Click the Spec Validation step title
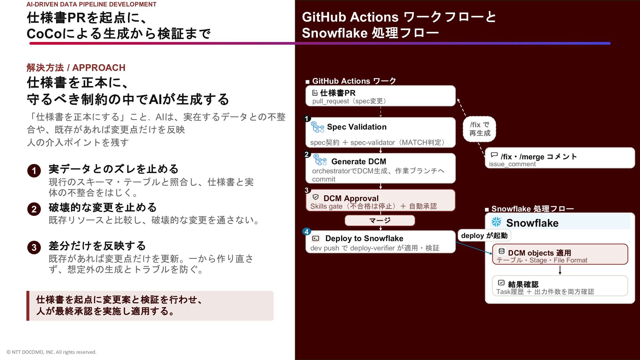pyautogui.click(x=357, y=127)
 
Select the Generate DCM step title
pyautogui.click(x=359, y=162)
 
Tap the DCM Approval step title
pyautogui.click(x=351, y=198)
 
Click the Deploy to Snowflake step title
pyautogui.click(x=364, y=238)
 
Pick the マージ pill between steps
pyautogui.click(x=380, y=220)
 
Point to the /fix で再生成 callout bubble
pyautogui.click(x=480, y=129)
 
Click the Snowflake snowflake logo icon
pyautogui.click(x=496, y=222)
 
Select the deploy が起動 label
pyautogui.click(x=484, y=236)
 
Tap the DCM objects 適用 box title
pyautogui.click(x=539, y=253)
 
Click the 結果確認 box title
pyautogui.click(x=523, y=284)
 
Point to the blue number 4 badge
pyautogui.click(x=307, y=232)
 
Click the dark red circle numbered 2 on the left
pyautogui.click(x=34, y=209)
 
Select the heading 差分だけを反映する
pyautogui.click(x=97, y=246)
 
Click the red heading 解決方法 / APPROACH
pyautogui.click(x=76, y=68)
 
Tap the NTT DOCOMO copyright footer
pyautogui.click(x=51, y=352)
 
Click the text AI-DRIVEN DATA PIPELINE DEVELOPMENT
pyautogui.click(x=91, y=4)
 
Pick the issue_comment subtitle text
pyautogui.click(x=512, y=164)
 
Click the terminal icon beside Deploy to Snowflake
pyautogui.click(x=316, y=238)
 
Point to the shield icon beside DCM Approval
pyautogui.click(x=316, y=197)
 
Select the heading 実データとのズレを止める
pyautogui.click(x=113, y=169)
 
